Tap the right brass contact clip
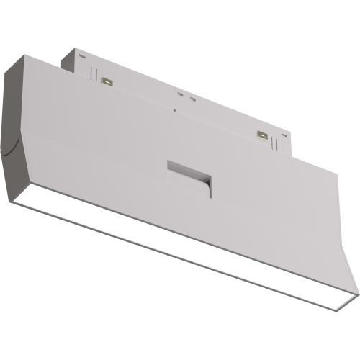[264, 135]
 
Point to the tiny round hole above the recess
[175, 110]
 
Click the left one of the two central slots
[179, 94]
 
